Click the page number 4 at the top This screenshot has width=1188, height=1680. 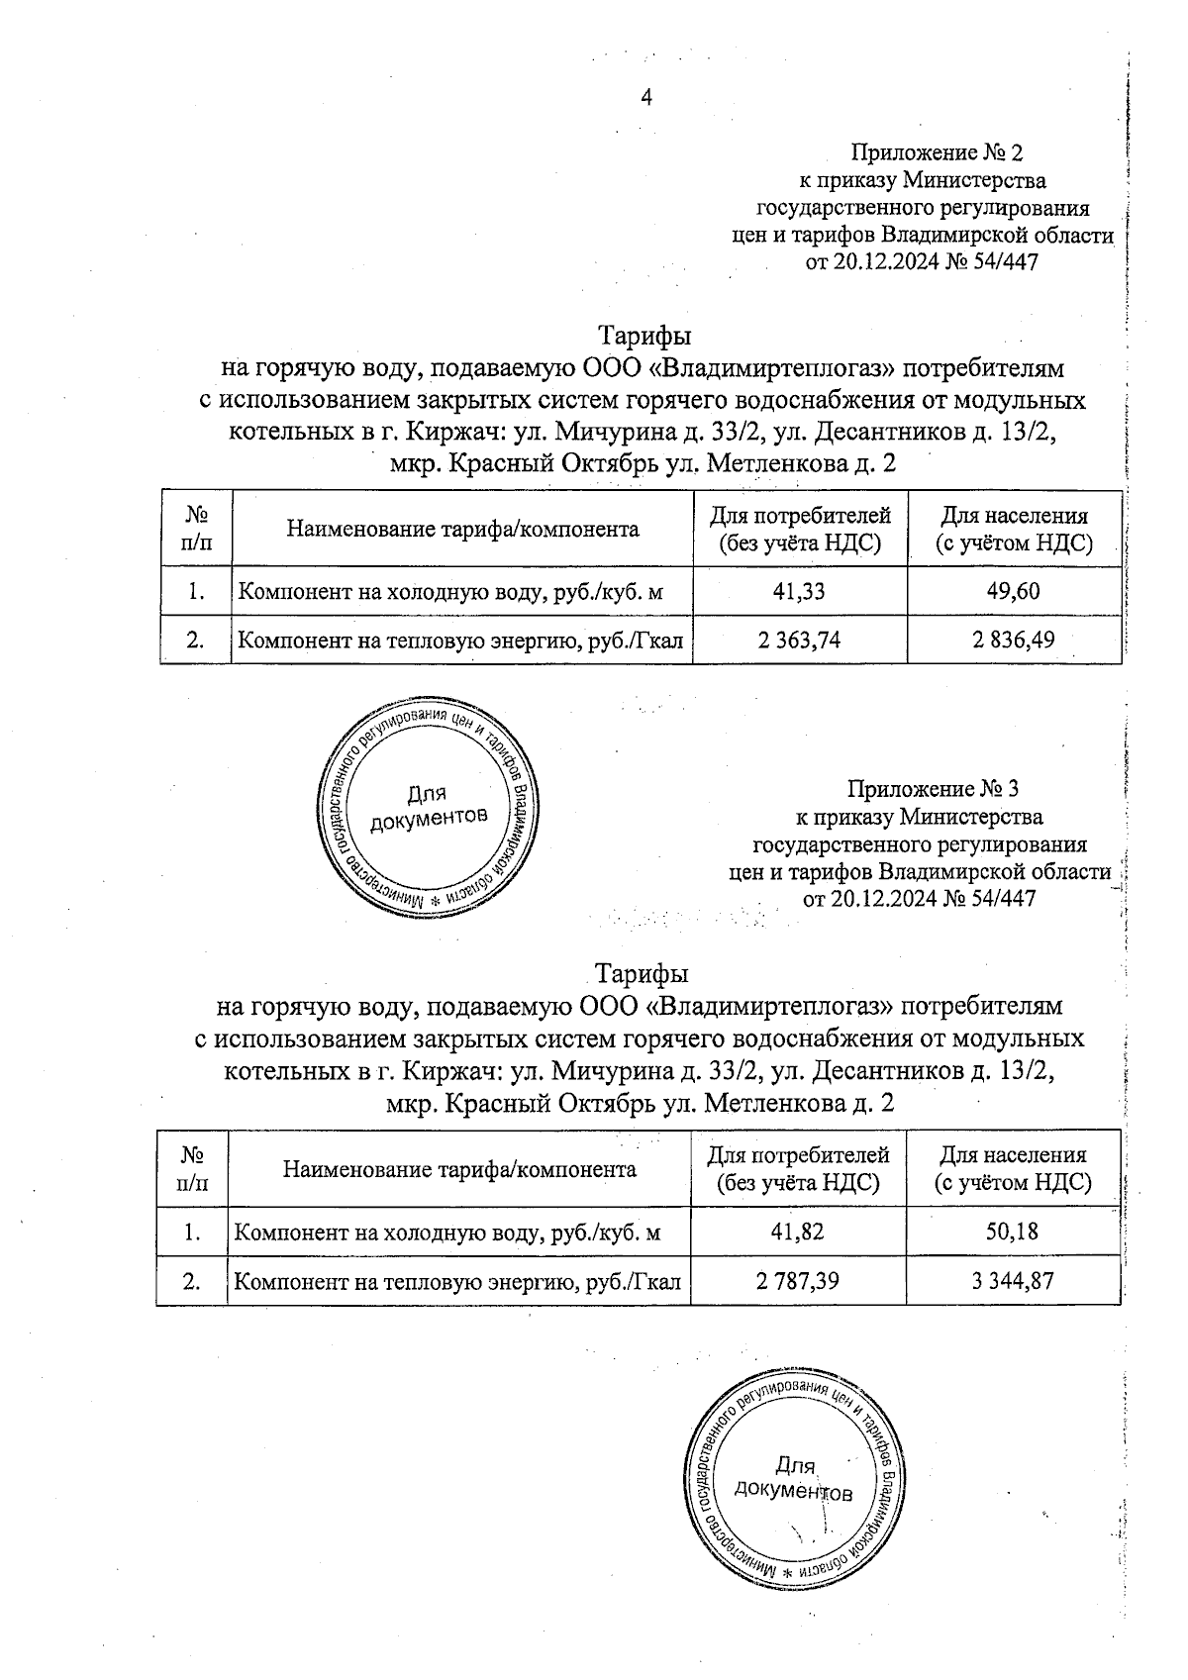[646, 97]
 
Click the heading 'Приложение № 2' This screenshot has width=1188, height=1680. [937, 152]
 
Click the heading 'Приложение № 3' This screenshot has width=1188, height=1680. [933, 789]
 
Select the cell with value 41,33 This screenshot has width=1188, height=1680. [799, 592]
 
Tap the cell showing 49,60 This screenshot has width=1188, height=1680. [1015, 592]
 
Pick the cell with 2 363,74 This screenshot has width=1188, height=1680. [799, 640]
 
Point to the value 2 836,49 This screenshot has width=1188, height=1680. [1015, 640]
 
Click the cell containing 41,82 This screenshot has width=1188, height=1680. [797, 1233]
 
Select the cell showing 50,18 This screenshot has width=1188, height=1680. [1013, 1233]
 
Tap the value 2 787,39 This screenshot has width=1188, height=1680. [797, 1281]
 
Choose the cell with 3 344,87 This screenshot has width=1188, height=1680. [1013, 1281]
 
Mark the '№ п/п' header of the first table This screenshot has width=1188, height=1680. [195, 529]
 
